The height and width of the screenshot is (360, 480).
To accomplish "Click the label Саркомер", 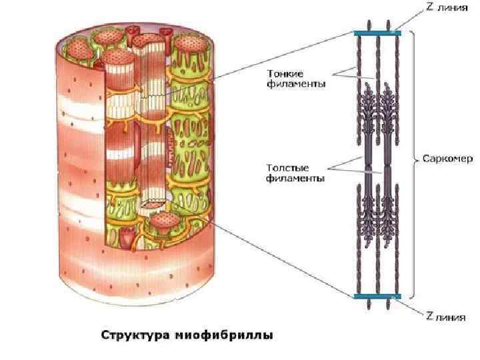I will [x=447, y=160].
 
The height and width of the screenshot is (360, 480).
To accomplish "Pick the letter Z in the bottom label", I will [x=429, y=317].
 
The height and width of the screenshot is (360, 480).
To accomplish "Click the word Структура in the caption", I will [x=136, y=335].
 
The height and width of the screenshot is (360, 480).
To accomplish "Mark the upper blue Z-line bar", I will [x=377, y=33].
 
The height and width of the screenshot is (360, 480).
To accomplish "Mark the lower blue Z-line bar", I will [x=377, y=296].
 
